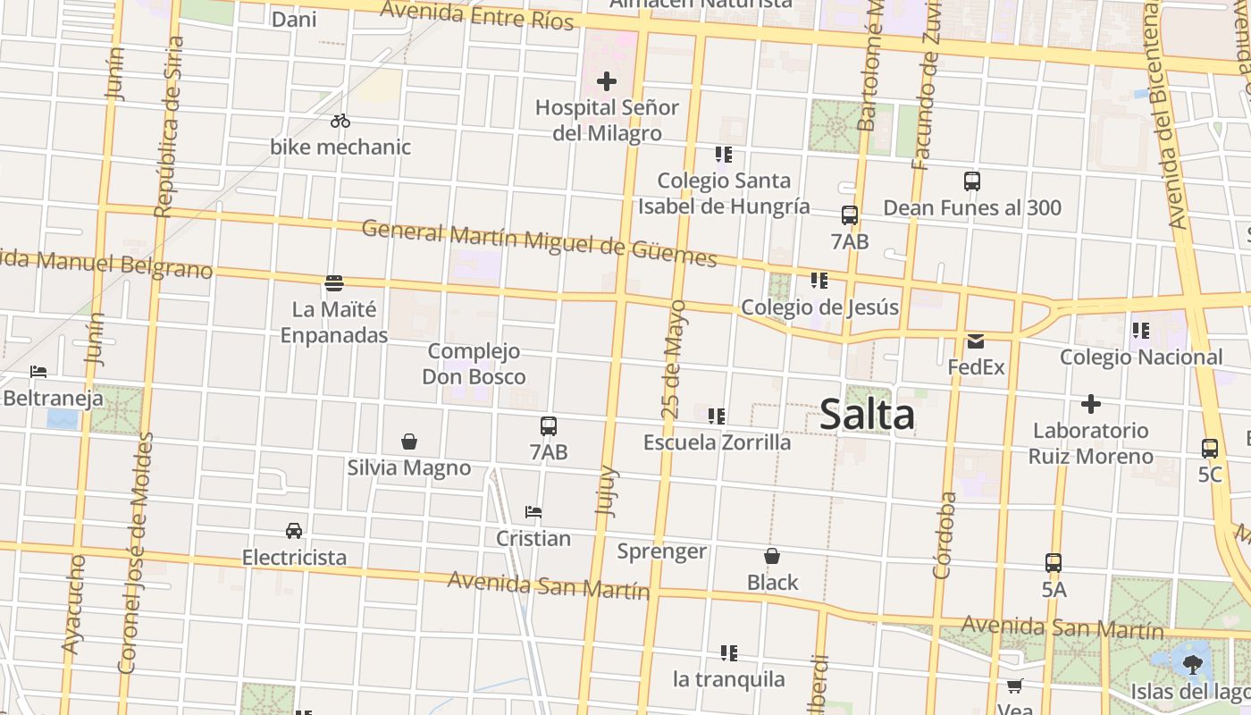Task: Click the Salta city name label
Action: point(867,416)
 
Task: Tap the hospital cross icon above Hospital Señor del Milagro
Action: point(607,81)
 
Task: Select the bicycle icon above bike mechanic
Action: point(340,121)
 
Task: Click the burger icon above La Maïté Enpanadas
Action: point(334,283)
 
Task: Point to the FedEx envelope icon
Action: point(975,341)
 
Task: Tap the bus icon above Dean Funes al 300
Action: point(972,181)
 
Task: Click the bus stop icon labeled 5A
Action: point(1054,563)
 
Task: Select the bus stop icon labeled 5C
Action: point(1210,448)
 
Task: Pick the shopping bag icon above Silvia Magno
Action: point(409,442)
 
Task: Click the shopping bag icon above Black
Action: point(772,556)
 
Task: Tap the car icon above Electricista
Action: point(294,530)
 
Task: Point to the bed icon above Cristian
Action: point(533,512)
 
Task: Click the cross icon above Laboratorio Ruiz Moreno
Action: point(1090,404)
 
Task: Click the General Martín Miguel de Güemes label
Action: point(539,244)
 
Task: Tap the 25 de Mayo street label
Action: point(675,359)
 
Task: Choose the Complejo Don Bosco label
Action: point(474,364)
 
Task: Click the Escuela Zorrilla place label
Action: point(717,442)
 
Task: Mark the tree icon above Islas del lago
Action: point(1192,663)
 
